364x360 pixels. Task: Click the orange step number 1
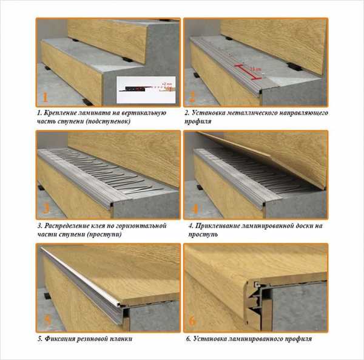(45, 97)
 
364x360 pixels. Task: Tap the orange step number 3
(45, 208)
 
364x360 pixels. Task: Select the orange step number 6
(192, 321)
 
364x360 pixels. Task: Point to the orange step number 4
(195, 209)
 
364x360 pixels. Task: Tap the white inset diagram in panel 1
(146, 90)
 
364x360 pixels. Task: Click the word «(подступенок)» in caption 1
(108, 121)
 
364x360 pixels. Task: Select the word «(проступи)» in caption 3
(104, 234)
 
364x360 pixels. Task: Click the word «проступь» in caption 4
(203, 234)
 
